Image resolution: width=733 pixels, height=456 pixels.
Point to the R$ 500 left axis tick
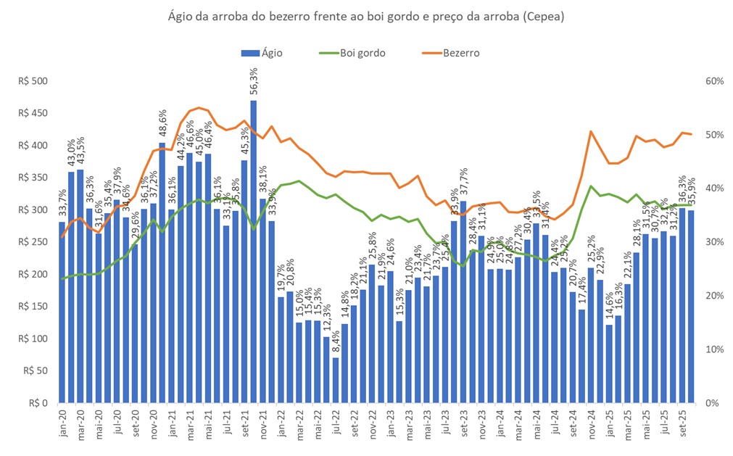pos(33,81)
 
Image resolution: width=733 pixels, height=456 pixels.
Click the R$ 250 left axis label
pos(33,242)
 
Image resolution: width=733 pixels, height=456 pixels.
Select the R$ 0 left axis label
pos(38,403)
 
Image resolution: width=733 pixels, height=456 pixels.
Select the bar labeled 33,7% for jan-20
pos(62,312)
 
